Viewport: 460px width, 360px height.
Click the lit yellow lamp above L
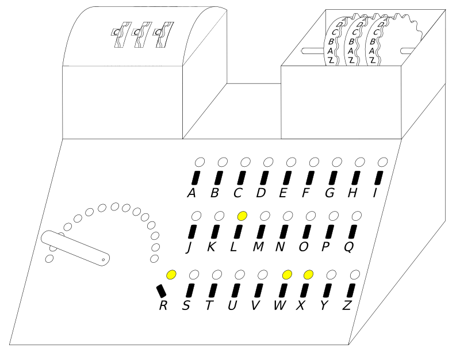coord(242,216)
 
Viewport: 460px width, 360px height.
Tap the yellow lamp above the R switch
coord(171,275)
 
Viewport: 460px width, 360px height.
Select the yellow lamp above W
coord(287,275)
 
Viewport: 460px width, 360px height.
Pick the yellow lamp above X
coord(308,275)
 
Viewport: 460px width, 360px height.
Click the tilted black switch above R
coord(162,291)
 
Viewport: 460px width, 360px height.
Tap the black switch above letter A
coord(195,178)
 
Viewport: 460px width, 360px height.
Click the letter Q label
coord(349,247)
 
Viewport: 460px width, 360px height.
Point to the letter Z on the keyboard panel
coord(347,306)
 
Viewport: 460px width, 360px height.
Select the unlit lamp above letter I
coord(383,162)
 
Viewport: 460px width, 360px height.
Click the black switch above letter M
coord(261,232)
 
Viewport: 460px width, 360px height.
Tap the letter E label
coord(283,193)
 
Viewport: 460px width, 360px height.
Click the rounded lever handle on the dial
coord(75,248)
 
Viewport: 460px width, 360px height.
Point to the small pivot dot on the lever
coord(103,260)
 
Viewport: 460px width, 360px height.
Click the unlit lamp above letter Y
coord(332,275)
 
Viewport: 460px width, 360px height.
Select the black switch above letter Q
coord(352,232)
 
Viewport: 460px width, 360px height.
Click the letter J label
coord(190,247)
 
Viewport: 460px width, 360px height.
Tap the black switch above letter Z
coord(351,291)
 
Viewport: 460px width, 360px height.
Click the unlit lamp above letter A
coord(200,162)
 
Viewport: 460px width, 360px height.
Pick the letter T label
coord(209,306)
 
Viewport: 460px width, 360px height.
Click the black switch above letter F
coord(310,178)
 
